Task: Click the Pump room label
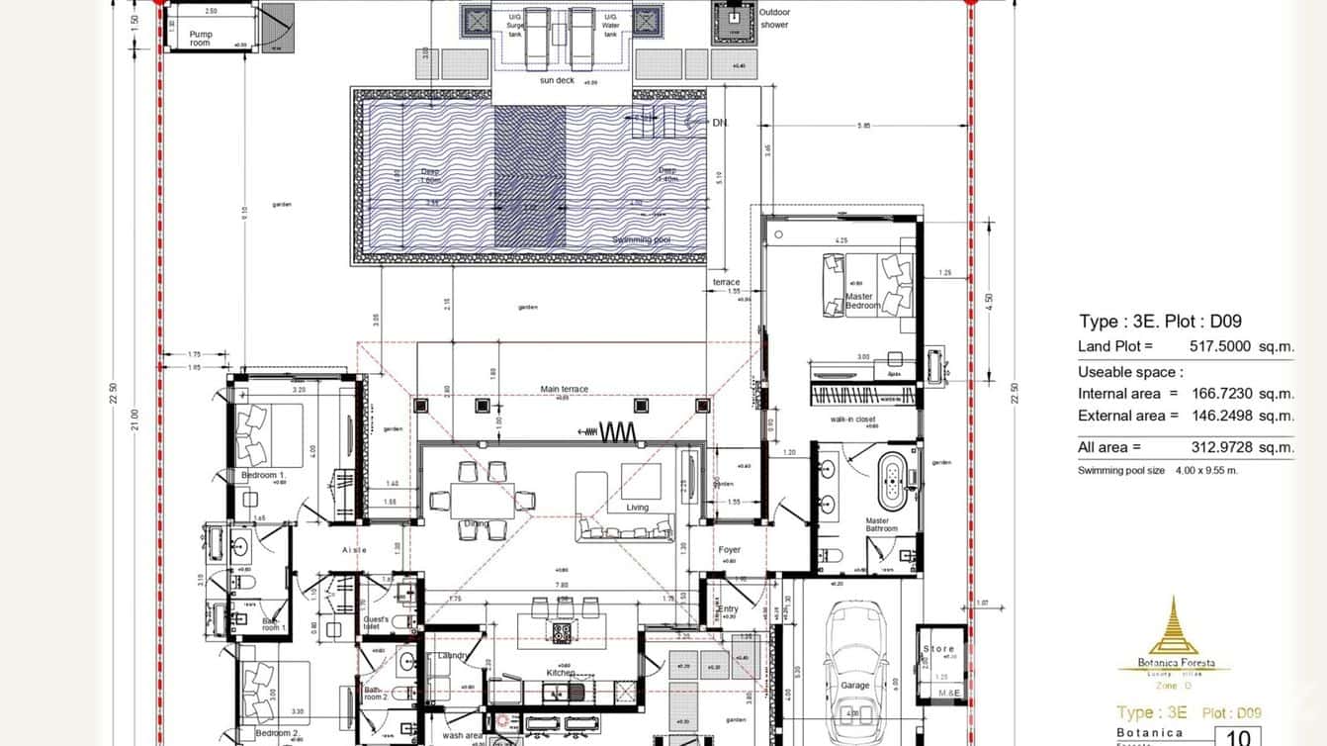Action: click(x=201, y=39)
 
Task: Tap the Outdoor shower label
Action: click(x=774, y=18)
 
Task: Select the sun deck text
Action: click(x=557, y=80)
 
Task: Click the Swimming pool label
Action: click(x=641, y=239)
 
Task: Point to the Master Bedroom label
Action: click(x=862, y=301)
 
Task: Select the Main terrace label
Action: click(x=564, y=389)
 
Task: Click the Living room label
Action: click(x=638, y=508)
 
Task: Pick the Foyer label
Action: click(x=730, y=550)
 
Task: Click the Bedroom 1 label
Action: click(x=263, y=476)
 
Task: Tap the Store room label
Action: click(x=938, y=649)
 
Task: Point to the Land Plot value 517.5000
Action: click(x=1225, y=346)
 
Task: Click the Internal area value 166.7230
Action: click(x=1225, y=394)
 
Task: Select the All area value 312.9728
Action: click(x=1225, y=447)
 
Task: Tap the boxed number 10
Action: click(x=1237, y=736)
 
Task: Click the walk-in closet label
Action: click(x=852, y=420)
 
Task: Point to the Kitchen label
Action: click(x=561, y=674)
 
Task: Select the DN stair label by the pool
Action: click(x=720, y=123)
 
